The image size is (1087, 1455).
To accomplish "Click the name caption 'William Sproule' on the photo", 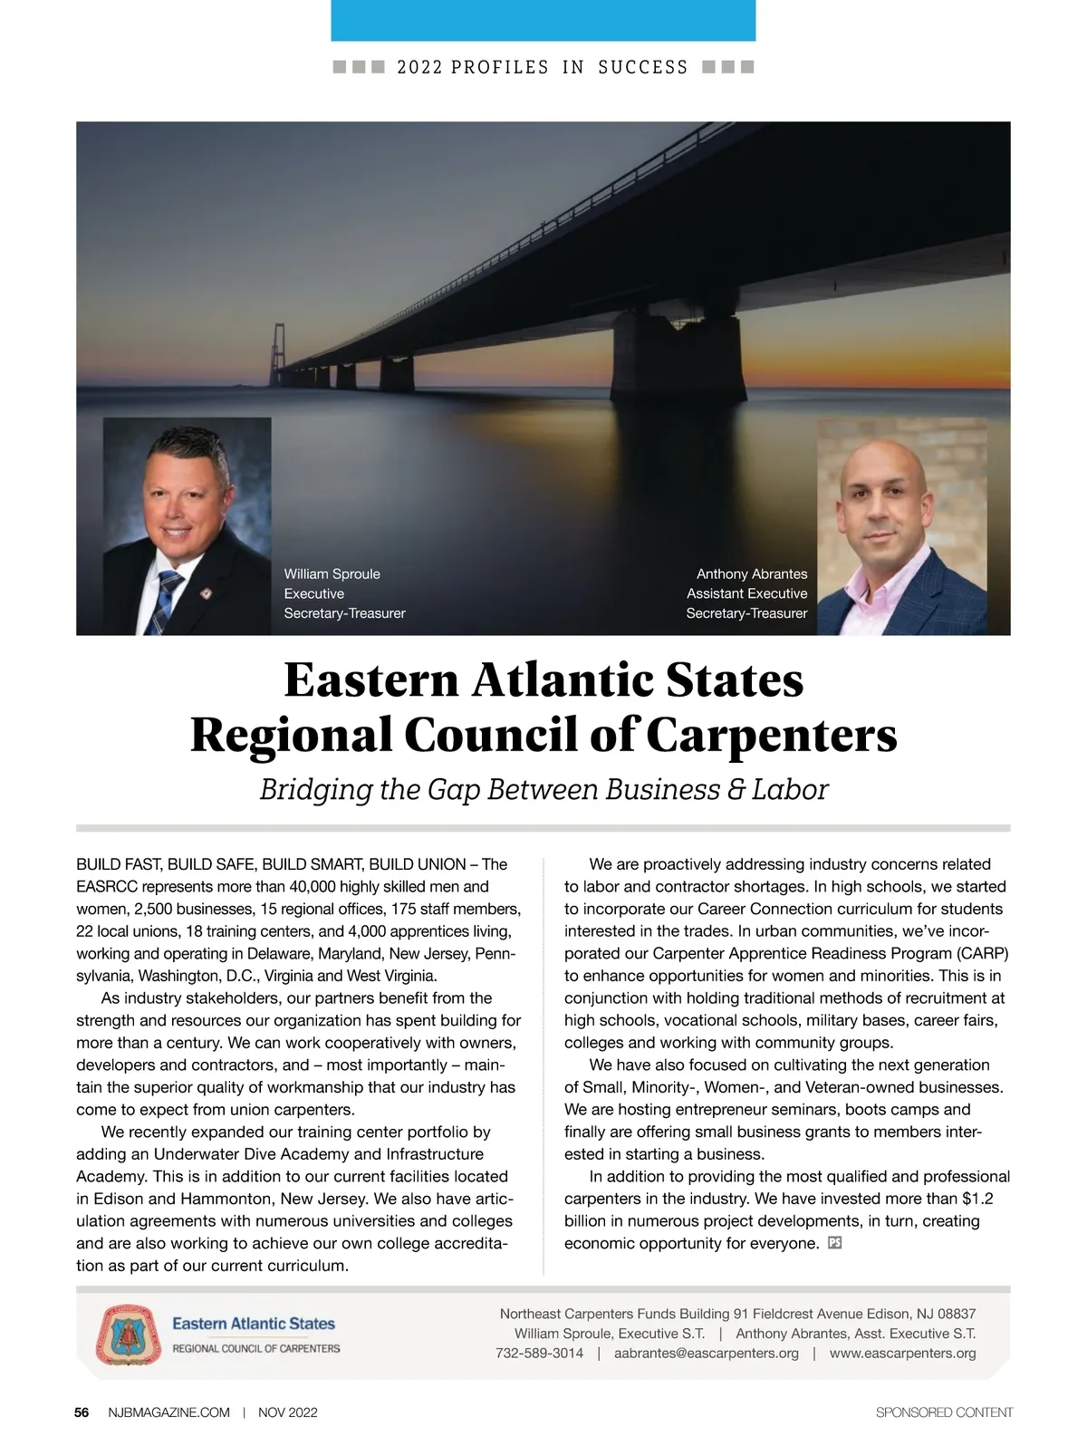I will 332,574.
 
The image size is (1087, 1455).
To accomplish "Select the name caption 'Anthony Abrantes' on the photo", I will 751,574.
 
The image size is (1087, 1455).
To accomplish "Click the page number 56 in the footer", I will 82,1412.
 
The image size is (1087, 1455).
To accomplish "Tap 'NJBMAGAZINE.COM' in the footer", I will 168,1412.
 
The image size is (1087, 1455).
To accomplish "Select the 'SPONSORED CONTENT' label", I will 944,1412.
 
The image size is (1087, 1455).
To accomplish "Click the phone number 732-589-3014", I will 539,1354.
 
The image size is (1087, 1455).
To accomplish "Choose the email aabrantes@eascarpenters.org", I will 706,1354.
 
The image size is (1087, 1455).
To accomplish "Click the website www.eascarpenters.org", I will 902,1354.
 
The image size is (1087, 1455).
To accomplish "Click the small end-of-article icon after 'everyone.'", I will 835,1243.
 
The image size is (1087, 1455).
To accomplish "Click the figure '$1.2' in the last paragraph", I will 977,1199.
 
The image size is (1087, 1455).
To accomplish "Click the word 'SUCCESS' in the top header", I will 643,68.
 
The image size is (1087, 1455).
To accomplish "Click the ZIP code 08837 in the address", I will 957,1314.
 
